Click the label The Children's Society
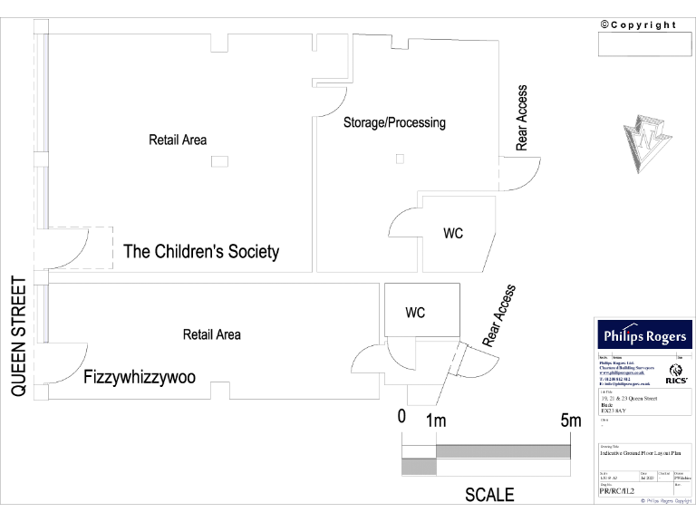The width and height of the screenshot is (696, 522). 201,252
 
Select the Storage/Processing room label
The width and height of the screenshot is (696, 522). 394,122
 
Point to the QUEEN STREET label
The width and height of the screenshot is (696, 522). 18,336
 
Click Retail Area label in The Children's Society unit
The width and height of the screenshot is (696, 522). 178,140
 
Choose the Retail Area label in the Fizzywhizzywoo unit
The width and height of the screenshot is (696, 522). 212,334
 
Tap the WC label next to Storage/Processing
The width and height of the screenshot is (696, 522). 453,234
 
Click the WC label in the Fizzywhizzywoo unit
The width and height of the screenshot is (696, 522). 415,313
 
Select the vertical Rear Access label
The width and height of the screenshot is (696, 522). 522,118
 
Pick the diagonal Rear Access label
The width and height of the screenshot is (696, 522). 498,316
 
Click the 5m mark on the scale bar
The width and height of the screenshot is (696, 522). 570,420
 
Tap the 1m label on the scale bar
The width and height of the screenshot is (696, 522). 436,420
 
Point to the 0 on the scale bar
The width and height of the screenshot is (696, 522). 401,418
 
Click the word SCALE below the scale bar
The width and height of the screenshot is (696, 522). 489,495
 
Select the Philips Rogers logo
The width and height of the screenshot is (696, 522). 644,336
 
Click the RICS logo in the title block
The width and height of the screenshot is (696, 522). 676,372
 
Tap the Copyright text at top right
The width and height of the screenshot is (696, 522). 638,24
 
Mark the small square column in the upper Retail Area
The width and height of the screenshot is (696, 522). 219,161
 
